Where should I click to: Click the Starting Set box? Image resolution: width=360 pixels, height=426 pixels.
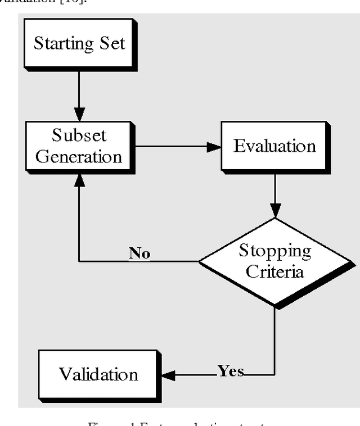(x=79, y=44)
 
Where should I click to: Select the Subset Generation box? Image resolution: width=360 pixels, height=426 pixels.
(x=79, y=146)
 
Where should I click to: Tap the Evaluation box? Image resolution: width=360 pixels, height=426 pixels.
(x=274, y=147)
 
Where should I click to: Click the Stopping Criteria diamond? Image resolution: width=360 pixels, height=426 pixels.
(x=275, y=261)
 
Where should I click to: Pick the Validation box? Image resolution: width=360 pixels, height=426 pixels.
(x=98, y=374)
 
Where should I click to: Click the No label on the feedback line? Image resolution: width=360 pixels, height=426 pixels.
(x=139, y=253)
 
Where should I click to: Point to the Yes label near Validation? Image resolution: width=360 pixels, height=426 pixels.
(x=231, y=371)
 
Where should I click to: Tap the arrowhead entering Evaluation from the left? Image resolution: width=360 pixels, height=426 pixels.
(x=214, y=147)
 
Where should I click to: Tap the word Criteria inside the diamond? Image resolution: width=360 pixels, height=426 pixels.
(x=276, y=272)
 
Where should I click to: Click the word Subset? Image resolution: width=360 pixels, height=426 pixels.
(x=79, y=136)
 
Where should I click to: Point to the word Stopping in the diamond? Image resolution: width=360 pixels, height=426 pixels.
(x=275, y=251)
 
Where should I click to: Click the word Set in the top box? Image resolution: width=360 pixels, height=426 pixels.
(x=113, y=44)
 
